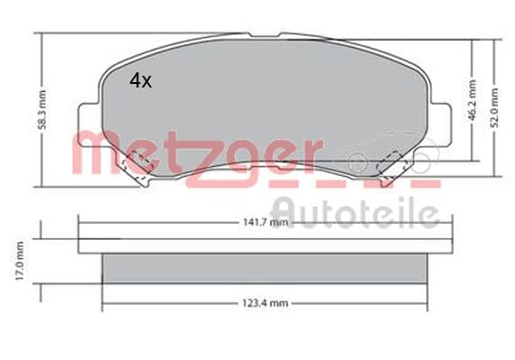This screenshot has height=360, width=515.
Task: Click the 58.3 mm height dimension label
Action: pyautogui.click(x=42, y=110)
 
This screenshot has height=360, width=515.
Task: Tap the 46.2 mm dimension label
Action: pyautogui.click(x=472, y=100)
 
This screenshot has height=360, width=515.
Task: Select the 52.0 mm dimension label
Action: pyautogui.click(x=494, y=107)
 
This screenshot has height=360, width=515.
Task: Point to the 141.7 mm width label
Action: pyautogui.click(x=265, y=222)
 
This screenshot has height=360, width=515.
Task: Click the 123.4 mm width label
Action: pyautogui.click(x=265, y=303)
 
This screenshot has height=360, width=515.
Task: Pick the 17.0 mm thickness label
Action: pyautogui.click(x=20, y=261)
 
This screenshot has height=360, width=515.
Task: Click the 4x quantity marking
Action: pyautogui.click(x=141, y=81)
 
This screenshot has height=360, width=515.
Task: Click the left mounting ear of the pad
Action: pyautogui.click(x=89, y=125)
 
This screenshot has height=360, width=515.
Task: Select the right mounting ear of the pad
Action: pyautogui.click(x=440, y=125)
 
